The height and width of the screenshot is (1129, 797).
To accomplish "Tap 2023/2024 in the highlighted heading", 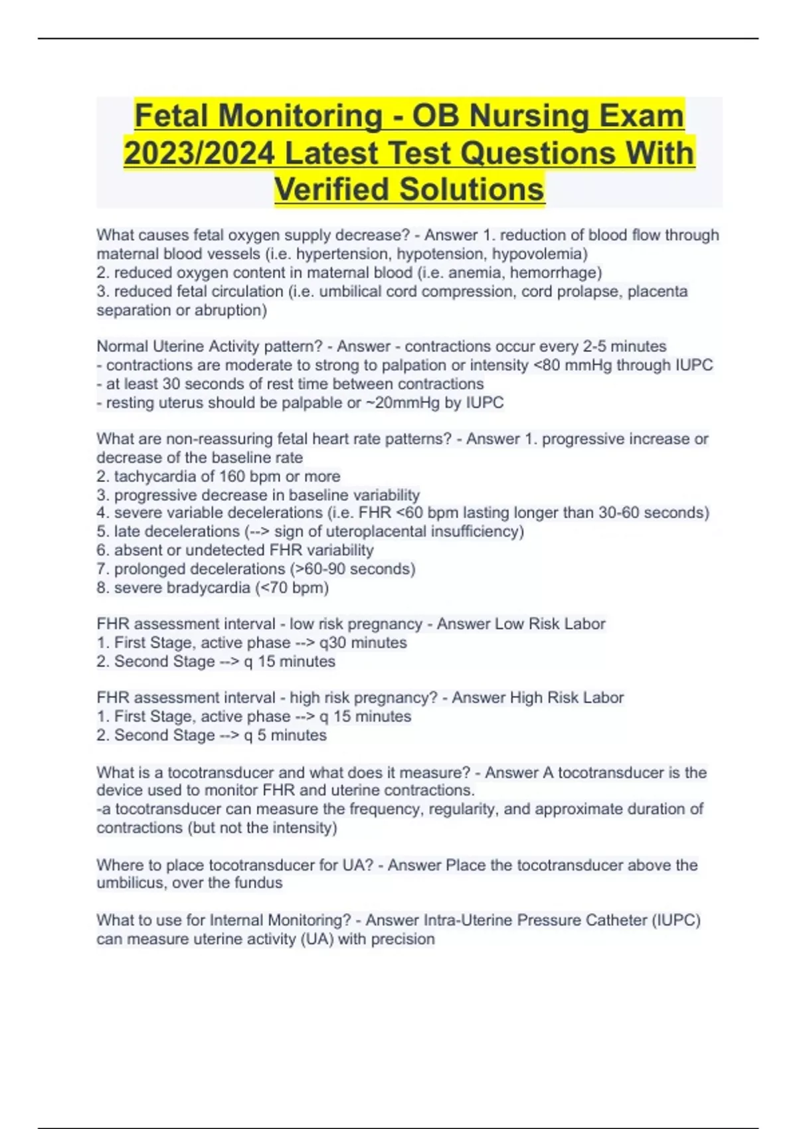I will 199,153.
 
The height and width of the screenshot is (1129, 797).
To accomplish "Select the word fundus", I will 260,883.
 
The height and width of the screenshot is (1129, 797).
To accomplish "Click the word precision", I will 402,939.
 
